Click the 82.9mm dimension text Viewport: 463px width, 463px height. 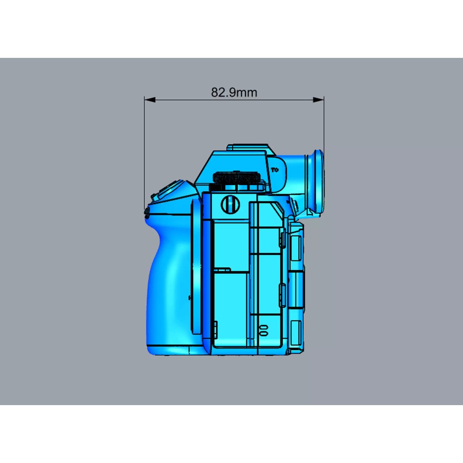[234, 92]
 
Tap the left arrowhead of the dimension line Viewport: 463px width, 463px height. [150, 99]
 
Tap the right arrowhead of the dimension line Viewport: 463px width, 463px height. [318, 99]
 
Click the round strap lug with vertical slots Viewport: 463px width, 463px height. [230, 204]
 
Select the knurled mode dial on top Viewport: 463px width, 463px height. [236, 177]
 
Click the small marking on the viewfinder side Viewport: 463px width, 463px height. [277, 169]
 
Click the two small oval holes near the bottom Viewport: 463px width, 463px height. [264, 330]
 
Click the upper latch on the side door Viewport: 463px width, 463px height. [282, 238]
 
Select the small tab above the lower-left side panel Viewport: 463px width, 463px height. [222, 270]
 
